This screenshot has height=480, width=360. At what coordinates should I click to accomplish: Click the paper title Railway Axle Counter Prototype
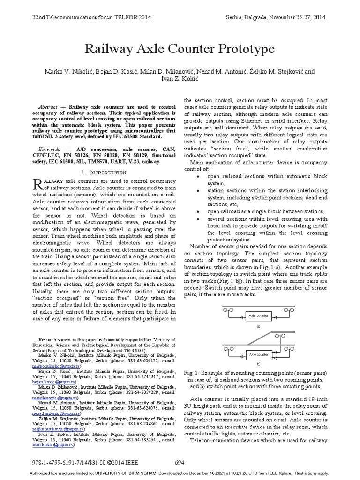point(180,49)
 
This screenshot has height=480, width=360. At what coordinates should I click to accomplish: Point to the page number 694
point(180,462)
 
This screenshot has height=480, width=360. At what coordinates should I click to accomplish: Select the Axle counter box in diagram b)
point(258,354)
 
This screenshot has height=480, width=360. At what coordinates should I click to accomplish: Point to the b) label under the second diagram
point(258,363)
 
